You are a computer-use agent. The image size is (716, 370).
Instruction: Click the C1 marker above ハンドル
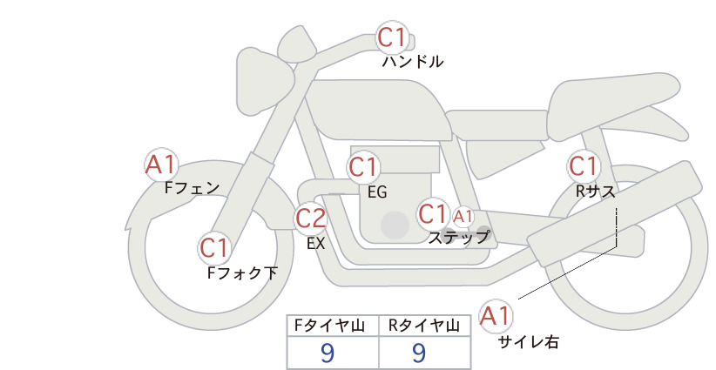pyautogui.click(x=392, y=37)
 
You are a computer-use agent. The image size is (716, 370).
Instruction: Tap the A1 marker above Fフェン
pyautogui.click(x=161, y=165)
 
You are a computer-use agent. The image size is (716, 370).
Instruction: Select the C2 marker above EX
pyautogui.click(x=310, y=218)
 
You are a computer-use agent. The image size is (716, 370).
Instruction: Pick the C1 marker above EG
pyautogui.click(x=364, y=167)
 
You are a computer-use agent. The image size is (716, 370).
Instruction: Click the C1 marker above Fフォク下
pyautogui.click(x=214, y=248)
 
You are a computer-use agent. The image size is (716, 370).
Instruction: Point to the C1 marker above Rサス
pyautogui.click(x=584, y=166)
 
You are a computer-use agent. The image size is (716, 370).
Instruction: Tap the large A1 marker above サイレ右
pyautogui.click(x=496, y=316)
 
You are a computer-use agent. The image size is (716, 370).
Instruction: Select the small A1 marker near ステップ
pyautogui.click(x=463, y=217)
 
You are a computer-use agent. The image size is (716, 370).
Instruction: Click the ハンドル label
pyautogui.click(x=413, y=62)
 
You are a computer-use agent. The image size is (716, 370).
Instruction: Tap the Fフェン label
pyautogui.click(x=192, y=188)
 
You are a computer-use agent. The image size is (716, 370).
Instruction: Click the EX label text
pyautogui.click(x=316, y=244)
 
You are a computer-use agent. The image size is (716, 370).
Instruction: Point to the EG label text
pyautogui.click(x=377, y=192)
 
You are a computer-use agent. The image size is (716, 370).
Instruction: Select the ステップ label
pyautogui.click(x=458, y=238)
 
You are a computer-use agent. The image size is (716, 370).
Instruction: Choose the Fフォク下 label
pyautogui.click(x=242, y=272)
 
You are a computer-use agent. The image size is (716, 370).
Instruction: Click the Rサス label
pyautogui.click(x=595, y=192)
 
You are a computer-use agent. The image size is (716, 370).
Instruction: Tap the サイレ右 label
pyautogui.click(x=529, y=342)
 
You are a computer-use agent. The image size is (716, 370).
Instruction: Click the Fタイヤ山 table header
pyautogui.click(x=329, y=326)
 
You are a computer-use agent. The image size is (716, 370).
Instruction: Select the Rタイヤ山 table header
pyautogui.click(x=424, y=326)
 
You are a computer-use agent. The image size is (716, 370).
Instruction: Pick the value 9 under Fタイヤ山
pyautogui.click(x=328, y=353)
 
